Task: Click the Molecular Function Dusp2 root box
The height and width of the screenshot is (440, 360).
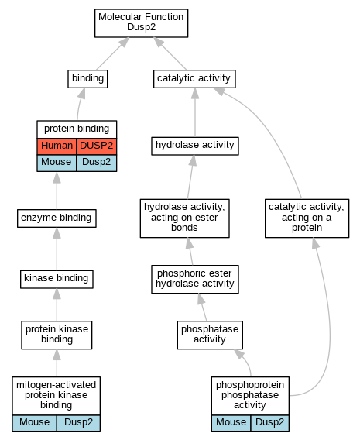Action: point(142,23)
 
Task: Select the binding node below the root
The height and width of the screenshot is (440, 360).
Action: point(87,79)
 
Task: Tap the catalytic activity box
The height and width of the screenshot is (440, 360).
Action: point(194,79)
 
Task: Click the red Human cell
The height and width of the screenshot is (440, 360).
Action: point(57,146)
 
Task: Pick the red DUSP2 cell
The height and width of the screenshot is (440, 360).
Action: point(97,146)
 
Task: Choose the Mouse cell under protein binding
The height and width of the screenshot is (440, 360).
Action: point(57,163)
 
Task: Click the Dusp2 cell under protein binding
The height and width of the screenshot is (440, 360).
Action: point(97,163)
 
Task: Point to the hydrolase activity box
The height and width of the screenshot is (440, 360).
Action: point(195,146)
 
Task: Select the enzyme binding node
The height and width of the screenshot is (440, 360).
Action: point(57,218)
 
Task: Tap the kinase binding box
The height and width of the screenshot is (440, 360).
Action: point(57,279)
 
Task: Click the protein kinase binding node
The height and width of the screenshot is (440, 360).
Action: point(57,335)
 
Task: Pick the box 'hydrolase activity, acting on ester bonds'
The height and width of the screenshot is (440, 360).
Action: point(185,218)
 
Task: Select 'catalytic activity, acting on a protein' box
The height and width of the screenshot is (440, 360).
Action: point(307,218)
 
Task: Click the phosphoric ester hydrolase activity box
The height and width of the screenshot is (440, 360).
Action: point(195,279)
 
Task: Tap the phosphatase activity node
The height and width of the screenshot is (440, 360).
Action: point(210,335)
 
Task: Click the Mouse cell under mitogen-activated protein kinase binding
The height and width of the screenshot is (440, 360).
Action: point(35,423)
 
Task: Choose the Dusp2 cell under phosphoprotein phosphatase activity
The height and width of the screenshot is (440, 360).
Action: point(269,423)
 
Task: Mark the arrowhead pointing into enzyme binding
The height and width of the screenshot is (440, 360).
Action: point(57,233)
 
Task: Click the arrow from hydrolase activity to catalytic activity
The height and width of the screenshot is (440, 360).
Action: point(195,112)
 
